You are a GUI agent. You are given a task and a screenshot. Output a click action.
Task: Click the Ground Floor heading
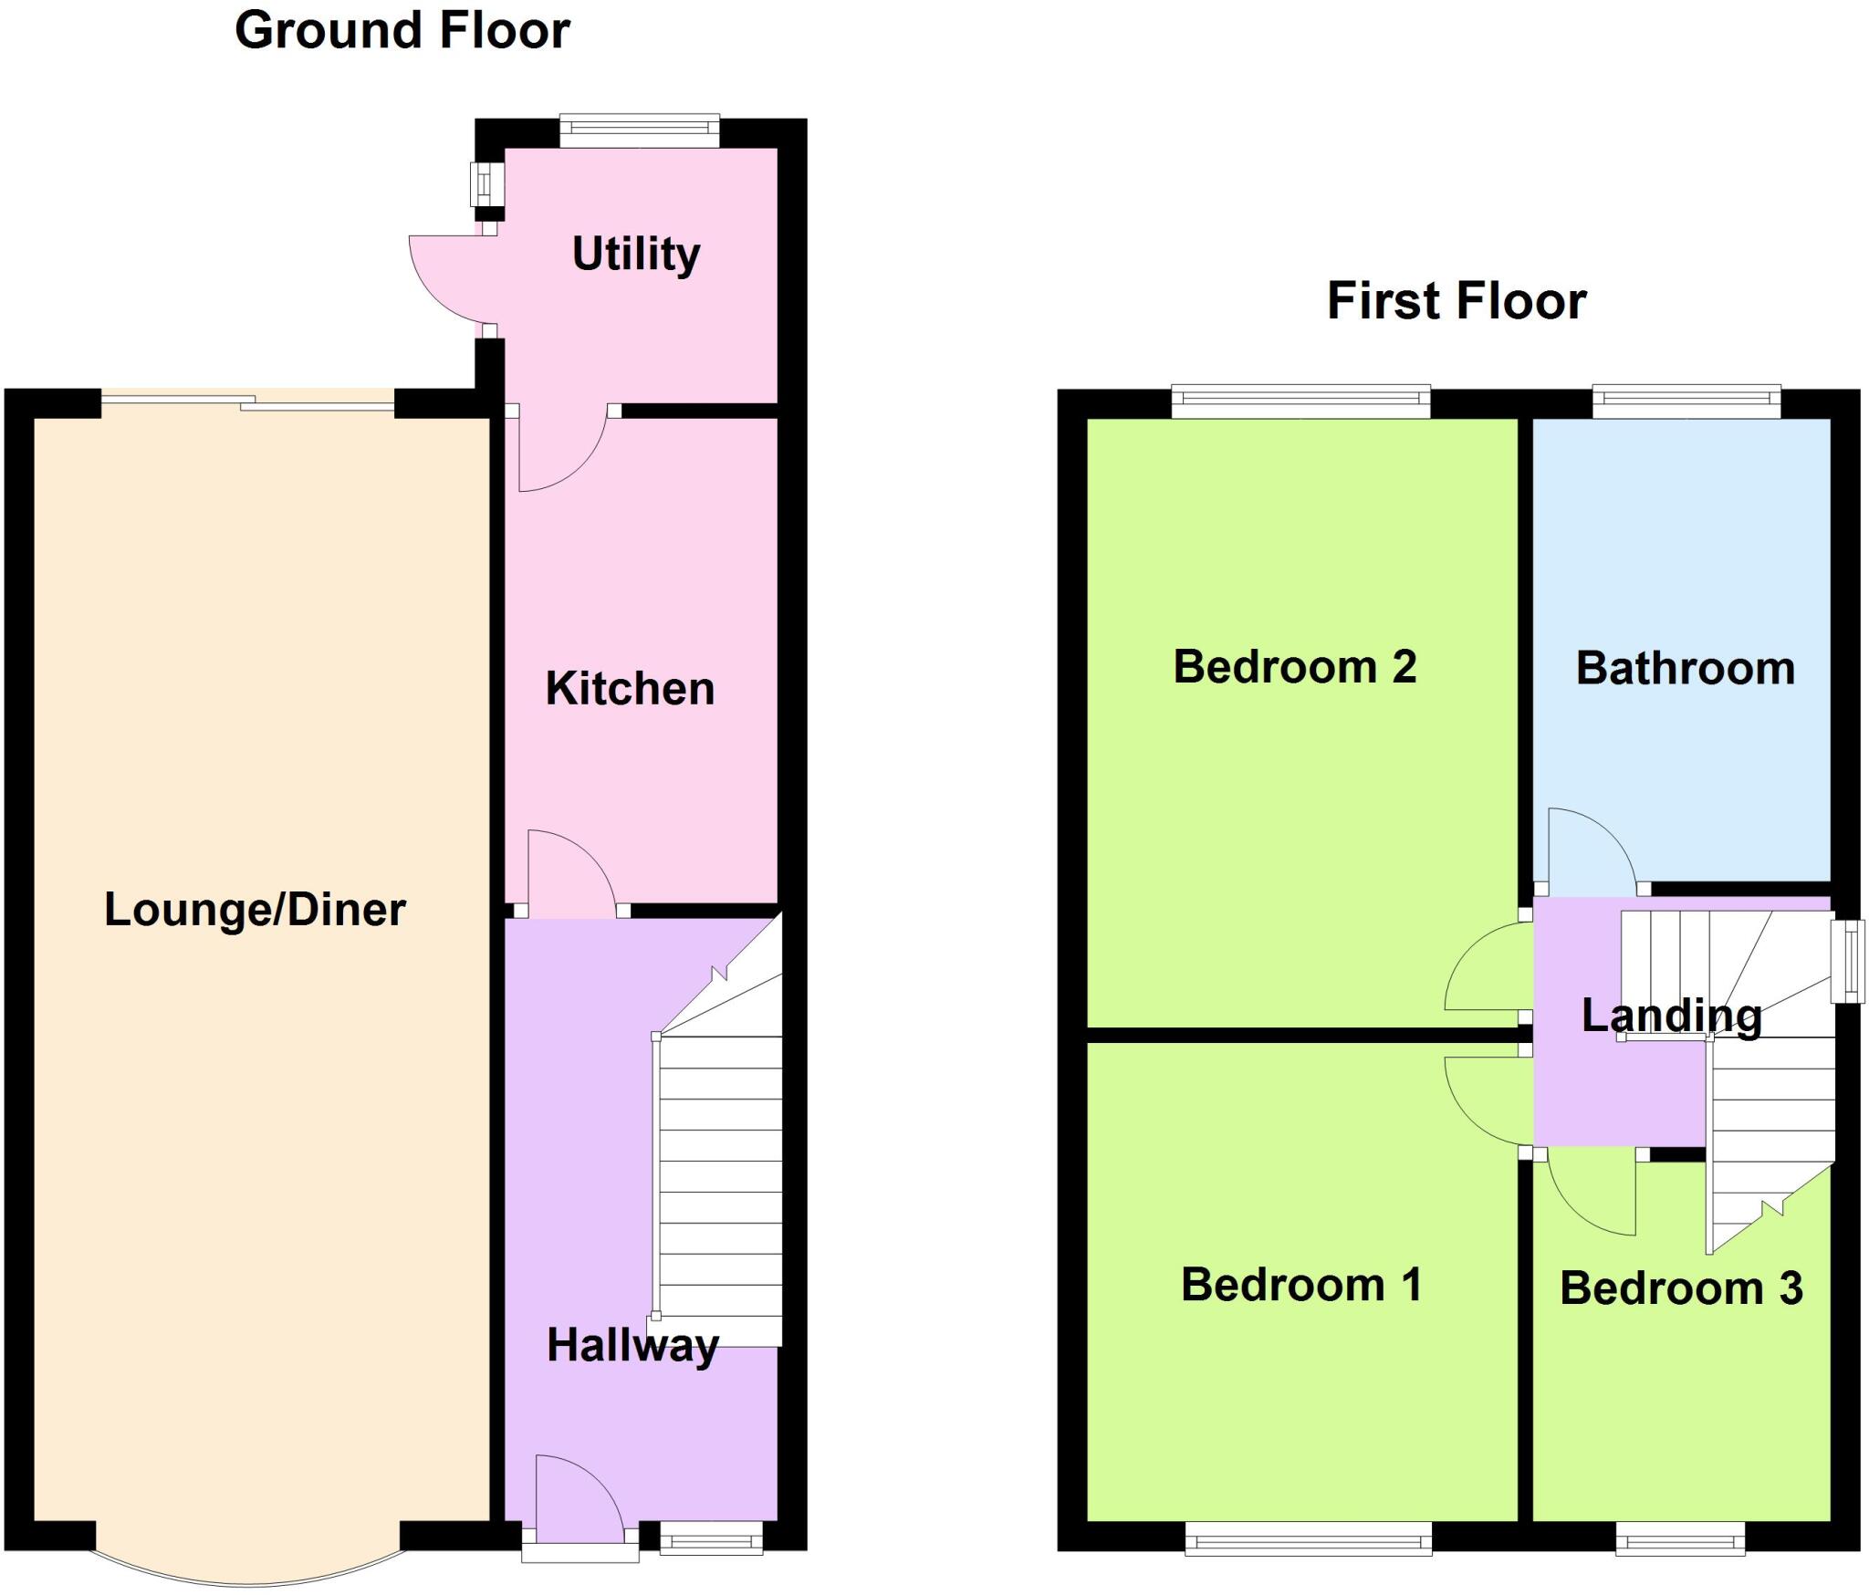point(402,31)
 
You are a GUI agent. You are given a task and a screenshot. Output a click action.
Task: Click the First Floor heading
point(1457,301)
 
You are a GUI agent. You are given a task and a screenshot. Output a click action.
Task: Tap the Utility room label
point(636,254)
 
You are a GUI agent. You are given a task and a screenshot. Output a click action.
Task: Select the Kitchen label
point(630,688)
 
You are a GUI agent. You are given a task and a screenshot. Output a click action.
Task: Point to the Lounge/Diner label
point(255,910)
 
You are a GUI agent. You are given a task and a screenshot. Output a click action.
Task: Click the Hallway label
point(632,1345)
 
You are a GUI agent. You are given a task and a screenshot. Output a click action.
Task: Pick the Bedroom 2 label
point(1294,667)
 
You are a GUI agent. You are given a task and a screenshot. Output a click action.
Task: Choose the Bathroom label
point(1685,669)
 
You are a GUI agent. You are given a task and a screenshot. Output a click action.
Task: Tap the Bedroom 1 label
point(1301,1285)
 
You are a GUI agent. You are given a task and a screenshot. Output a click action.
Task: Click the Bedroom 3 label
point(1681,1288)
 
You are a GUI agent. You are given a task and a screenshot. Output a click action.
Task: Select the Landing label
point(1671,1016)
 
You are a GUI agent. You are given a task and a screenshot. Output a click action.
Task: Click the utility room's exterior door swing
point(447,278)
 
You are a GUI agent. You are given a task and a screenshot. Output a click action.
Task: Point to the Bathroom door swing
point(1588,849)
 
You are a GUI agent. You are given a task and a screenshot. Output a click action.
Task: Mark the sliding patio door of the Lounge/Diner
point(247,401)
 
